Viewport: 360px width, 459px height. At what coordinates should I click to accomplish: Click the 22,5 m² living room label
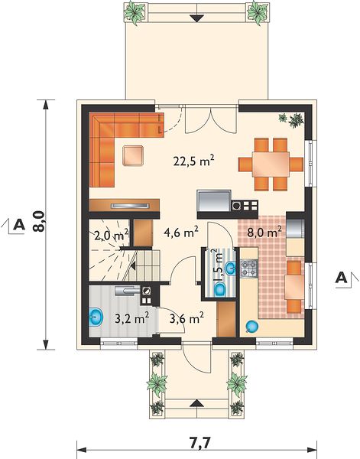[x=194, y=161]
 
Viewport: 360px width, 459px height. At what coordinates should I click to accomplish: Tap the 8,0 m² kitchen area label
[x=264, y=233]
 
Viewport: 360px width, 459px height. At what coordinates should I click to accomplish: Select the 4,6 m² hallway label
[x=181, y=232]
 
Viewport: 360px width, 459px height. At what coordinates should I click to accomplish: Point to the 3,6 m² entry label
[x=186, y=318]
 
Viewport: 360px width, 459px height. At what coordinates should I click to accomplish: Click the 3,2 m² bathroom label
[x=132, y=318]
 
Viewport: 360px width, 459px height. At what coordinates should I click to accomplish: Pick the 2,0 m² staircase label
[x=111, y=235]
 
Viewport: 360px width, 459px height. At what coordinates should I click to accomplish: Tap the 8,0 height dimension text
[x=39, y=221]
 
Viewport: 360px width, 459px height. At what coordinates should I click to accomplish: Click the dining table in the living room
[x=271, y=164]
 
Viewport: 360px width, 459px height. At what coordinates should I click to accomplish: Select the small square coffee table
[x=133, y=155]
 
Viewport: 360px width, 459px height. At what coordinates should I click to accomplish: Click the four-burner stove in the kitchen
[x=249, y=269]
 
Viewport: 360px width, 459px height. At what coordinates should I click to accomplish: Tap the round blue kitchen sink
[x=251, y=327]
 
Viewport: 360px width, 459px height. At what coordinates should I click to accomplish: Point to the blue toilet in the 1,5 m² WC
[x=220, y=289]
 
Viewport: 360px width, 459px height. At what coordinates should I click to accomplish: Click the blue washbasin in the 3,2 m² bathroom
[x=95, y=317]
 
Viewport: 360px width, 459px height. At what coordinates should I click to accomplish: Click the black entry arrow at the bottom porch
[x=197, y=403]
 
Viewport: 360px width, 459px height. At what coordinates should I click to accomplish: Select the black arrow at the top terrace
[x=197, y=18]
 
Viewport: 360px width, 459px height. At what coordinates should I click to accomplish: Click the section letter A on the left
[x=19, y=225]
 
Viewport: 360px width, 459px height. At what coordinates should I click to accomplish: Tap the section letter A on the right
[x=341, y=278]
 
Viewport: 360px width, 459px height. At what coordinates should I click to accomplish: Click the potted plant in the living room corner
[x=292, y=119]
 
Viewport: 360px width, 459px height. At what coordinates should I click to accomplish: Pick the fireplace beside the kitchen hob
[x=214, y=200]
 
